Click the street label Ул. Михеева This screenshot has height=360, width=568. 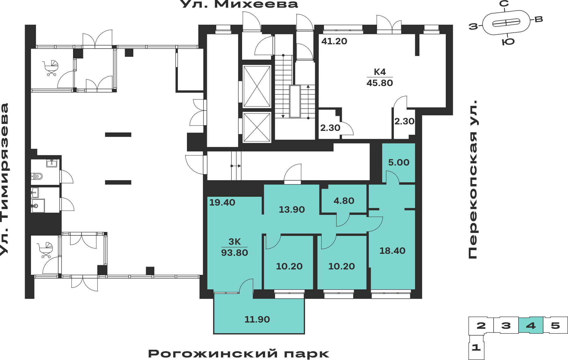(x=239, y=4)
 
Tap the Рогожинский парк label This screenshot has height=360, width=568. (x=239, y=354)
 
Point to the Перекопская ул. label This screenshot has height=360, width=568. (x=473, y=179)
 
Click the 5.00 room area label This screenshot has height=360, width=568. (x=399, y=162)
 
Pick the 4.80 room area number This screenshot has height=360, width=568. (x=344, y=201)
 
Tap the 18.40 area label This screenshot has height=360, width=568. (x=392, y=251)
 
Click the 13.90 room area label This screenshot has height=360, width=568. (x=292, y=210)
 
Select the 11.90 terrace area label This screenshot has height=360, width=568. (x=257, y=319)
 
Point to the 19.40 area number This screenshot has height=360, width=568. (x=222, y=202)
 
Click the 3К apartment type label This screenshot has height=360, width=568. (x=235, y=242)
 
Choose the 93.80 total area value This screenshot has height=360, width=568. (x=235, y=253)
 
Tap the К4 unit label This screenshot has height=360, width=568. (x=380, y=72)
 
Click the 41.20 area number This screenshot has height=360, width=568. (x=334, y=41)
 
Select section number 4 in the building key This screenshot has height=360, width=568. (x=531, y=325)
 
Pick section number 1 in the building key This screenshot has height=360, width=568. (x=476, y=347)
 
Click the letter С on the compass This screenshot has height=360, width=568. (x=504, y=4)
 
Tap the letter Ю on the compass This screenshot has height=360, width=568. (x=508, y=42)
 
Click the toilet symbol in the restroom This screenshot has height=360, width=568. (x=37, y=176)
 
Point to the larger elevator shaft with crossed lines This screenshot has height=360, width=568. (x=257, y=86)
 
